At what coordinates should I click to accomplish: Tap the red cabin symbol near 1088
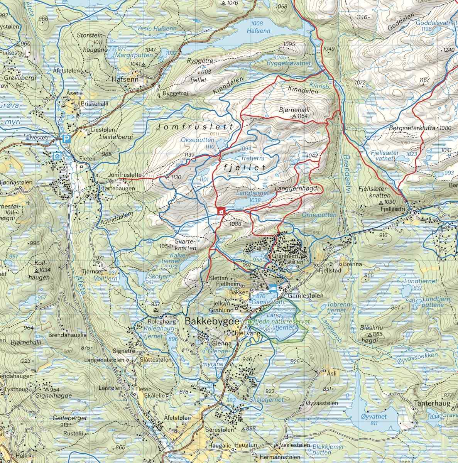(221, 211)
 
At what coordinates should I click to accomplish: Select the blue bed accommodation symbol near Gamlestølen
(273, 287)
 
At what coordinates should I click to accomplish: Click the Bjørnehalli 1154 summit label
(294, 112)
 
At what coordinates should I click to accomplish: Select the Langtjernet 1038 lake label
(252, 197)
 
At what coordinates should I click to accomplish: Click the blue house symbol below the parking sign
(57, 156)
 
